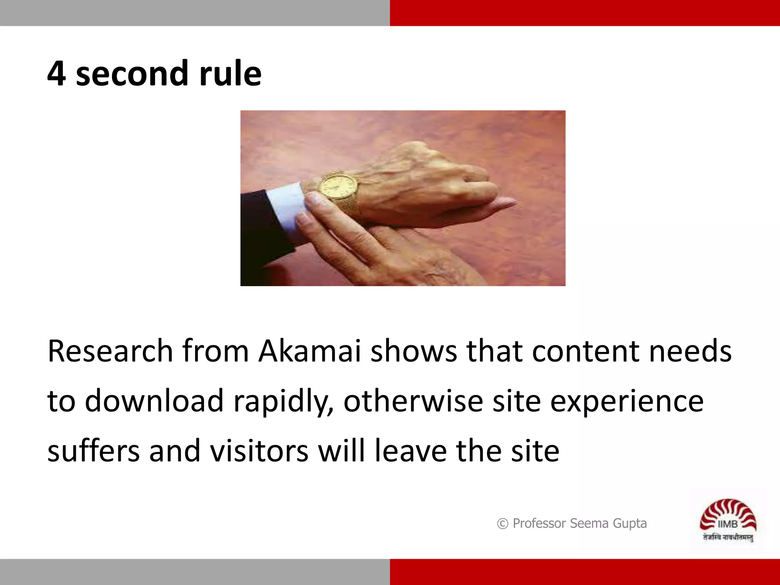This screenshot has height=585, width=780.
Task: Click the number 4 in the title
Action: click(56, 74)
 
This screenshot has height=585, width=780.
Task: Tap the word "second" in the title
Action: click(131, 74)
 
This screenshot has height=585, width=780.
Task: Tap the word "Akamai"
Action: click(309, 351)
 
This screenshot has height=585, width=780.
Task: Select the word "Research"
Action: click(110, 351)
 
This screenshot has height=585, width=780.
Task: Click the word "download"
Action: click(154, 401)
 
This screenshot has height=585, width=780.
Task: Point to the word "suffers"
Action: click(93, 451)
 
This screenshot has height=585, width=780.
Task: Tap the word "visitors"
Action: click(259, 451)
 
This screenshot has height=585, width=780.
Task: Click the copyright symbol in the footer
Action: click(502, 524)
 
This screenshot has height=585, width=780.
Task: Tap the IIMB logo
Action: click(728, 516)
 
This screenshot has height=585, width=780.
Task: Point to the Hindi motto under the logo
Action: click(728, 538)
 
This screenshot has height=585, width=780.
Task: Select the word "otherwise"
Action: click(413, 401)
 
